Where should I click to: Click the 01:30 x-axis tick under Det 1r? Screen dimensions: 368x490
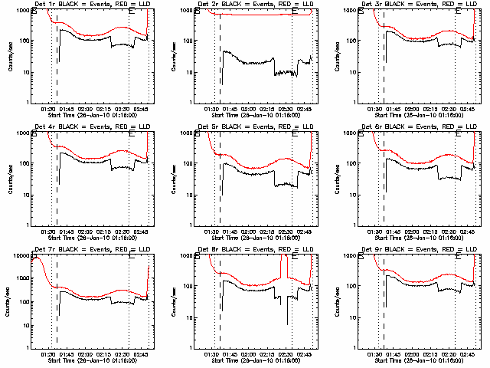[47, 107]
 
